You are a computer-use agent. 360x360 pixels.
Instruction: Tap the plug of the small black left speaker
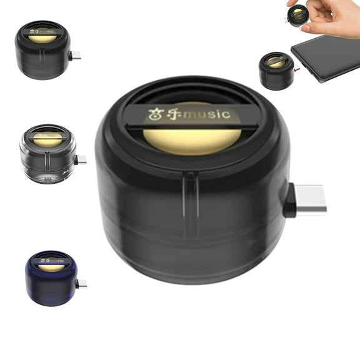75,56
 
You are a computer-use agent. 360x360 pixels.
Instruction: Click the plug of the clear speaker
80,160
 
